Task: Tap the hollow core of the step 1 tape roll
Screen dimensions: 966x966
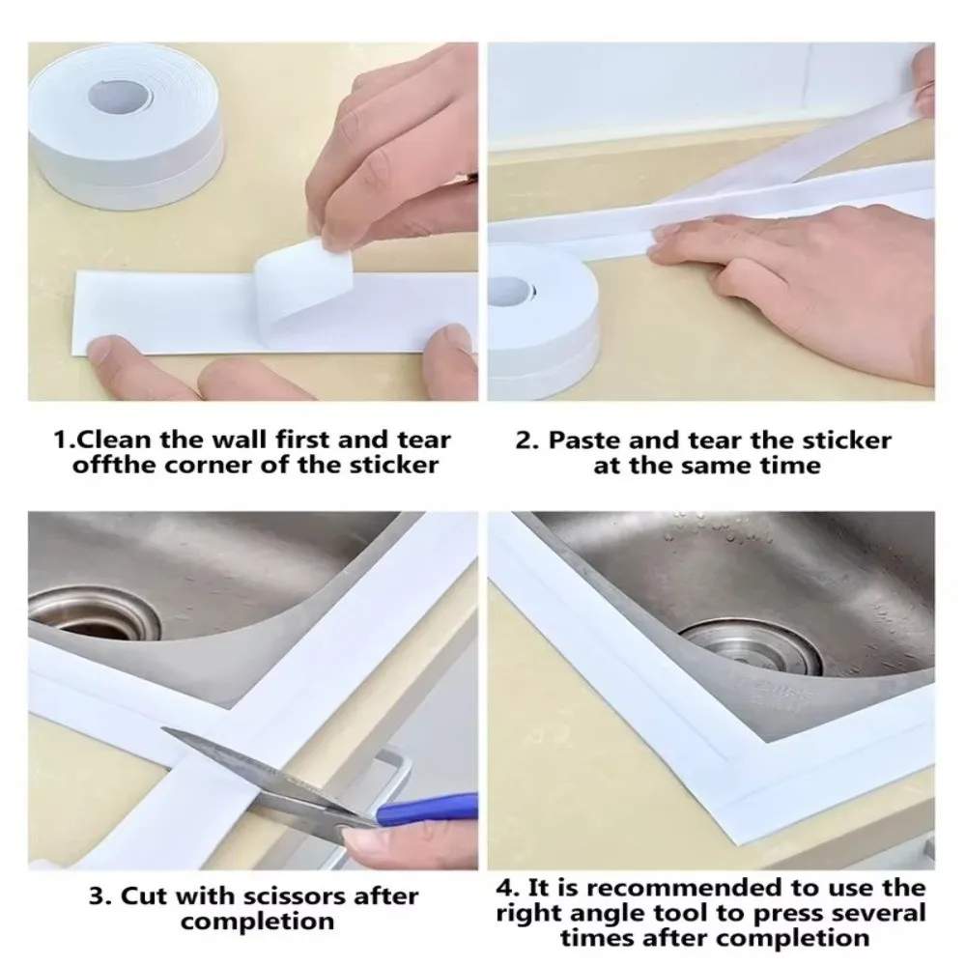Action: point(122,96)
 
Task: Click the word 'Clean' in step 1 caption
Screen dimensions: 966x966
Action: point(114,440)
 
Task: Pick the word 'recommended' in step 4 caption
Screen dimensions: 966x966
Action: point(677,887)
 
